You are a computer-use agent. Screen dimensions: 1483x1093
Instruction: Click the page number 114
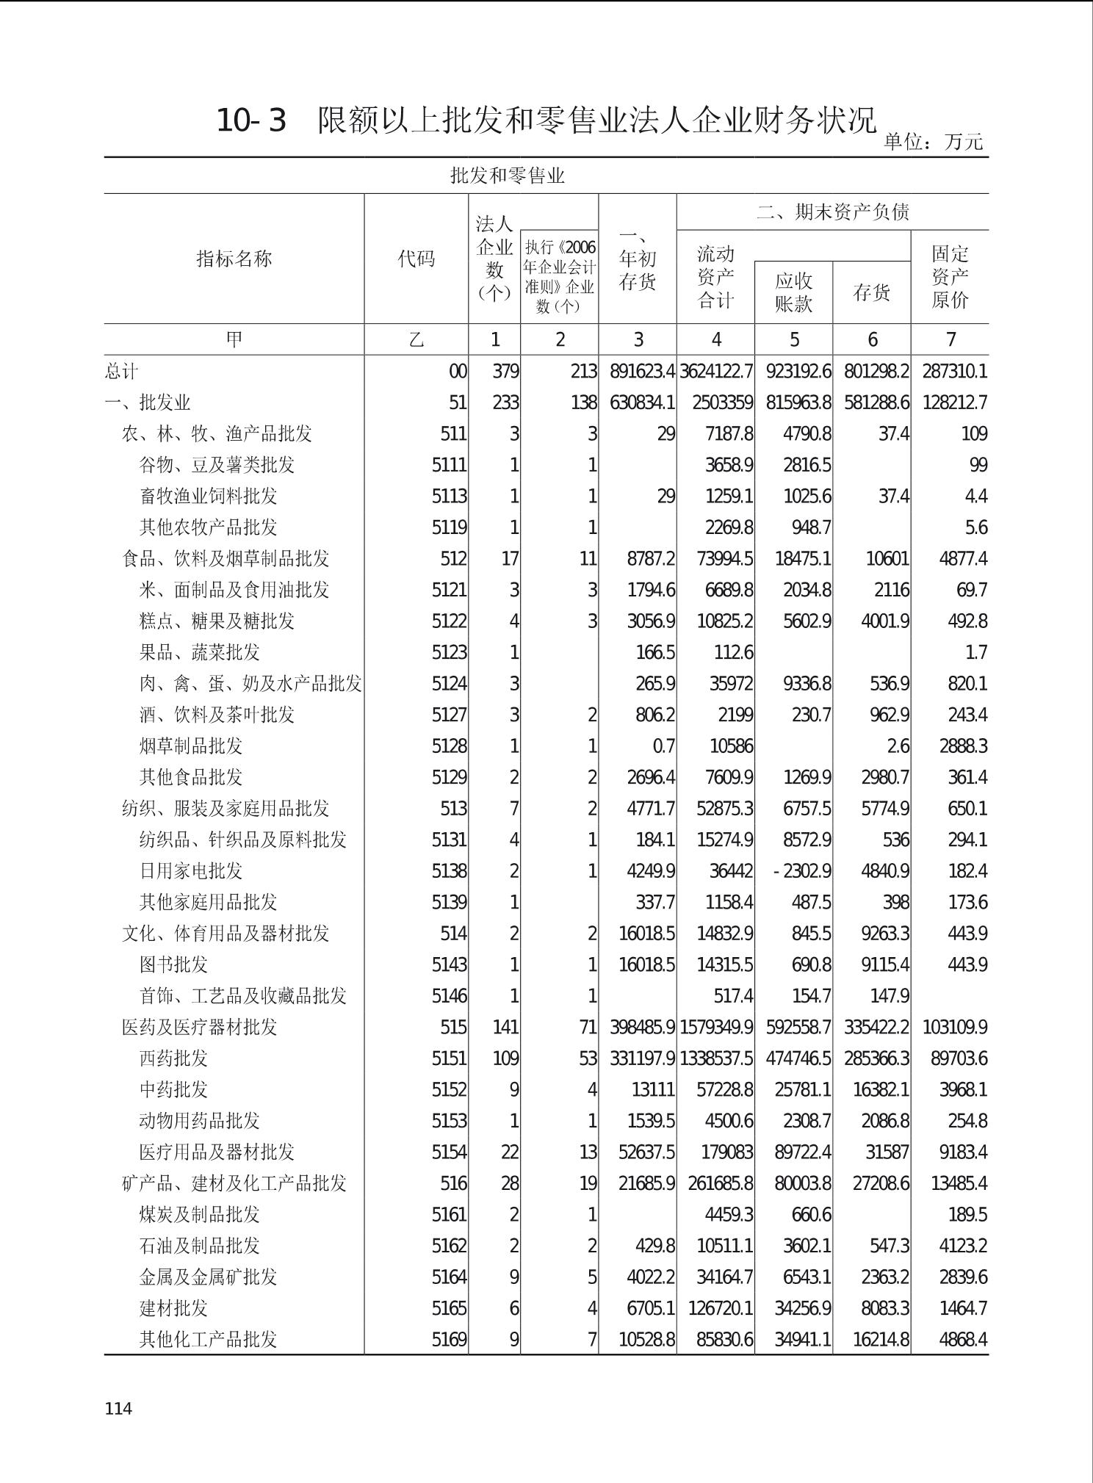point(118,1407)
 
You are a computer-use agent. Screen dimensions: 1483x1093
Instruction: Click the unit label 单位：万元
point(932,141)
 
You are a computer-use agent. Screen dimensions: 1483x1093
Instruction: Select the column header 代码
point(416,259)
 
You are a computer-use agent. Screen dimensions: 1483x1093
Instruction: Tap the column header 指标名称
point(234,259)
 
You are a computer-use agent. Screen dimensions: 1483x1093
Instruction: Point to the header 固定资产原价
point(950,277)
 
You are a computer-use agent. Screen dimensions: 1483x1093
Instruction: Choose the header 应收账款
point(793,292)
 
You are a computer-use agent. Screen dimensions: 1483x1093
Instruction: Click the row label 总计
point(120,372)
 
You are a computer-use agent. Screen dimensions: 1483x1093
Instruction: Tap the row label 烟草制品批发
point(191,746)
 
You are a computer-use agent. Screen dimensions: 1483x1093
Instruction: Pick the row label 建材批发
point(173,1307)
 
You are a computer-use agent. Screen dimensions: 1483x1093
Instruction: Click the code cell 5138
point(449,870)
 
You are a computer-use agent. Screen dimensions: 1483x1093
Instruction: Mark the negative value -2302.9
point(802,870)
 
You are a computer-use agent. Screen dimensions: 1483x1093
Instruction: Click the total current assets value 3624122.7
point(716,372)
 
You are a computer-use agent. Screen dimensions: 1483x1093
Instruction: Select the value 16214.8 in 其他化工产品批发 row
point(880,1339)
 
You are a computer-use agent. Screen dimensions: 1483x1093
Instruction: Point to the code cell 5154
point(449,1152)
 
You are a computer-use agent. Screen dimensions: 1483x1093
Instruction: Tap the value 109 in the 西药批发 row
point(505,1058)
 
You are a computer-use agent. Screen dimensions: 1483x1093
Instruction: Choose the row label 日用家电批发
point(191,870)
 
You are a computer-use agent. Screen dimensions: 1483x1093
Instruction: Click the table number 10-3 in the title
point(250,121)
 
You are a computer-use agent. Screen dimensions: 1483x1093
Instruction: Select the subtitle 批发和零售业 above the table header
point(507,176)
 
